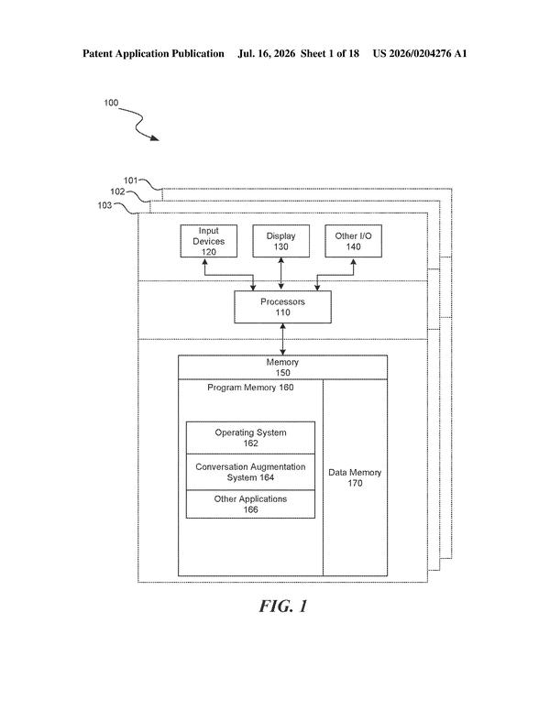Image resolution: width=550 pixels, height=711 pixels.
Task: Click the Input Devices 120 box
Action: point(209,241)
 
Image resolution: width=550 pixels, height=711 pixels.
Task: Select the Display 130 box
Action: point(280,241)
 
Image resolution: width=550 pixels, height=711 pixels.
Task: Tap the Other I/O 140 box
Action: point(353,241)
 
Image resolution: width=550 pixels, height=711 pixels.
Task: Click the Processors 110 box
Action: point(282,307)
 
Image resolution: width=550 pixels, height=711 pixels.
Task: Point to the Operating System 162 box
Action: point(250,438)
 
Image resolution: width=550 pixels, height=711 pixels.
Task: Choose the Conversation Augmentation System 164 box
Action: point(250,472)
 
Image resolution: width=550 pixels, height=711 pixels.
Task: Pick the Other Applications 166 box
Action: point(250,504)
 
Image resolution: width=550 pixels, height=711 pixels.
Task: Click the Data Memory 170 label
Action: point(355,478)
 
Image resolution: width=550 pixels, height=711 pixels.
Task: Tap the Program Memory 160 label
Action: point(250,388)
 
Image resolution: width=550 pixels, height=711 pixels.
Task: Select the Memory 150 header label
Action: point(282,367)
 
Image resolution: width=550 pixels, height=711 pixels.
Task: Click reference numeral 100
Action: point(111,103)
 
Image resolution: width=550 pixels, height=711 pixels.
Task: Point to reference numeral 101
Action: point(131,180)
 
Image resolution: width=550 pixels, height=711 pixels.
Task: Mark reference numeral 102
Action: point(117,191)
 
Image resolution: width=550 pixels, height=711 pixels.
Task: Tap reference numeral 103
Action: point(104,205)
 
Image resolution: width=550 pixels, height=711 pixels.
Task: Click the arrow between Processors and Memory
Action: point(282,339)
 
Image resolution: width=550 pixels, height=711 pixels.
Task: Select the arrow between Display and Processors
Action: point(280,274)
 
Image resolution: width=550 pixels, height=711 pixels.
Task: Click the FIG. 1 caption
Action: point(283,607)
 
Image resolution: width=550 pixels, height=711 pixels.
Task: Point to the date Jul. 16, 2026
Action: point(267,53)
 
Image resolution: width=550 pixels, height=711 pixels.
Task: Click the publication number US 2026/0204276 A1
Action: point(420,53)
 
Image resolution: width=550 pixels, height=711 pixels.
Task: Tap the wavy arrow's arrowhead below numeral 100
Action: point(155,137)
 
